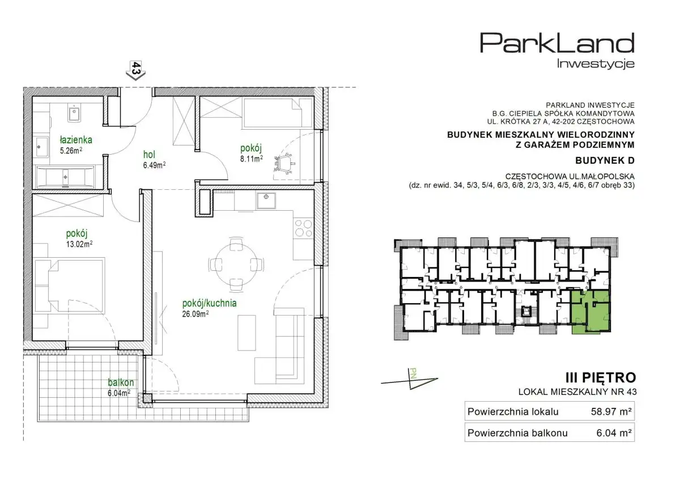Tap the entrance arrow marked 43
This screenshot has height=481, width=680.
tap(135, 71)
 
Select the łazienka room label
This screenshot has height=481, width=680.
tap(76, 140)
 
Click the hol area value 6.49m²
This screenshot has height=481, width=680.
tap(154, 165)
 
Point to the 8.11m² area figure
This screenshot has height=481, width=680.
tap(252, 159)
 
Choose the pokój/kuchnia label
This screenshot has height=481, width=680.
tap(209, 303)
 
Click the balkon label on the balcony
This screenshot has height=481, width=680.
tap(121, 382)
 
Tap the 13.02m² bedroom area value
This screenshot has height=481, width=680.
tap(79, 244)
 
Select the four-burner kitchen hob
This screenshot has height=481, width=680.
tap(303, 228)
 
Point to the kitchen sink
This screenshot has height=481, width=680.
tap(266, 201)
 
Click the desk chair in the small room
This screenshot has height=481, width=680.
tap(284, 164)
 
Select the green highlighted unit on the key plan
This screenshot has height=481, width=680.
tap(590, 312)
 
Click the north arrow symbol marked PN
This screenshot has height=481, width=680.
tap(410, 380)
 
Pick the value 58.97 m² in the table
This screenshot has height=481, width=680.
tap(611, 411)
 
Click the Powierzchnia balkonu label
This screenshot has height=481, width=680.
tap(517, 433)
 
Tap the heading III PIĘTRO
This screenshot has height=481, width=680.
tap(601, 378)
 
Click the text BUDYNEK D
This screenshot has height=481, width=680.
tap(605, 160)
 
